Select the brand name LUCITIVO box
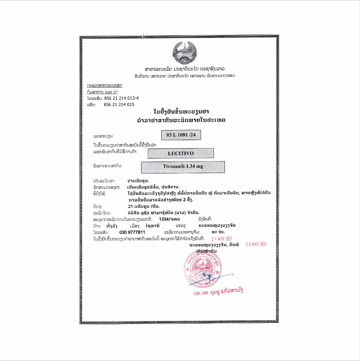pyautogui.click(x=181, y=153)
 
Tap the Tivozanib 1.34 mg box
pyautogui.click(x=183, y=167)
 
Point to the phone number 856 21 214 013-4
pyautogui.click(x=122, y=98)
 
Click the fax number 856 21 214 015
pyautogui.click(x=119, y=105)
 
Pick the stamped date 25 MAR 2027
pyautogui.click(x=219, y=239)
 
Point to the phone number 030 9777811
pyautogui.click(x=132, y=232)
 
